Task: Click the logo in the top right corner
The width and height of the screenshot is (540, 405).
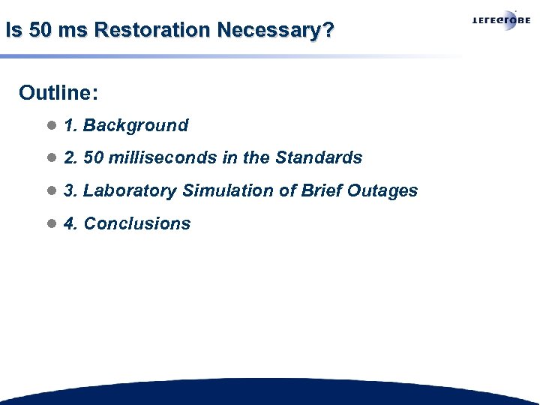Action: [x=500, y=21]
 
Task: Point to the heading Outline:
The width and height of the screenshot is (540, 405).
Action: [x=59, y=93]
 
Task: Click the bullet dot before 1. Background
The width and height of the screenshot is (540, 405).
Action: [x=51, y=125]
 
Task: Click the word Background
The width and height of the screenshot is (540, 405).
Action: [x=136, y=125]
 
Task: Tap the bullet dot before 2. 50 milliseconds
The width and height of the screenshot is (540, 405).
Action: [x=51, y=158]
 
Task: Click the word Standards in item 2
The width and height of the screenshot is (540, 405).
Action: [x=319, y=158]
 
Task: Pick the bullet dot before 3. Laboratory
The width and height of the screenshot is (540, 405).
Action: [x=51, y=191]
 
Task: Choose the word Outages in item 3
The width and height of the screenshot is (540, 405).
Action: [x=382, y=191]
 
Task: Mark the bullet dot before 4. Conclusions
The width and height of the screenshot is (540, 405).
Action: [x=51, y=223]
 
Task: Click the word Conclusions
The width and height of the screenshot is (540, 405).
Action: [x=137, y=223]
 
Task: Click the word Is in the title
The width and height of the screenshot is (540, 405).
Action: [x=12, y=31]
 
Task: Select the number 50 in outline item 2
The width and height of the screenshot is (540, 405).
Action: [x=93, y=158]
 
